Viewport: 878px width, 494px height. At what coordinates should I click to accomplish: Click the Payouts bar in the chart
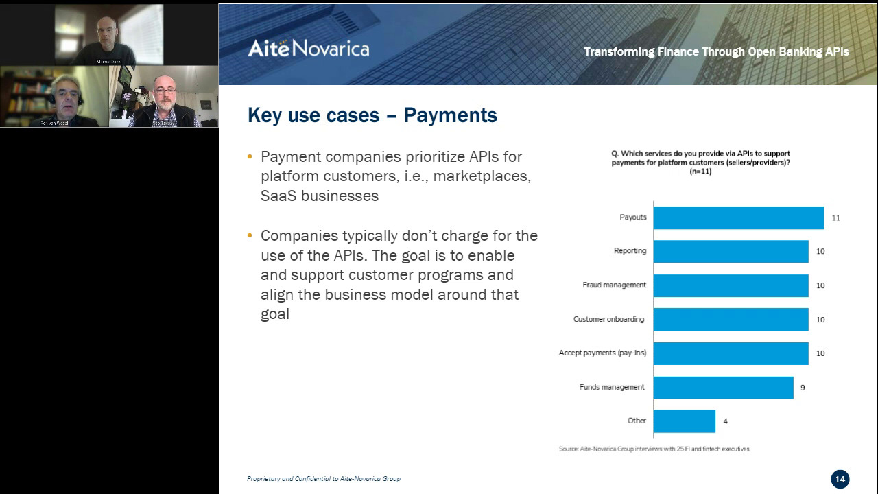coord(738,217)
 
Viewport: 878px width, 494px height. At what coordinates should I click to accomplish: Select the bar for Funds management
coord(723,388)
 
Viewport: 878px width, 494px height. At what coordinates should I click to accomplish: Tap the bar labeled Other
coord(684,421)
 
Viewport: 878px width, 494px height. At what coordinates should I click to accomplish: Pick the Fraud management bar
coord(731,285)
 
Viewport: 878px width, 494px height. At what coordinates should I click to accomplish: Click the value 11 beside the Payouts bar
coord(835,218)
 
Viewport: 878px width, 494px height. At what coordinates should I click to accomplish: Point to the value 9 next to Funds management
coord(803,388)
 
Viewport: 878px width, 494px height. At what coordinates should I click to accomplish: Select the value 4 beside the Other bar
coord(725,421)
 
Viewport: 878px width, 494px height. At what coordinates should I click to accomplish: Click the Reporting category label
coord(630,251)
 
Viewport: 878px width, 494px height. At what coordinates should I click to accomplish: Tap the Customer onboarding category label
coord(609,320)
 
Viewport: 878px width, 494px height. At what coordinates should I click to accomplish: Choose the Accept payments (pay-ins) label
coord(602,353)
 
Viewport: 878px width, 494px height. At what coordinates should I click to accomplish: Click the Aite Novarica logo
coord(308,48)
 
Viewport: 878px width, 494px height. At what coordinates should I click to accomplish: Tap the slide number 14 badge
coord(840,479)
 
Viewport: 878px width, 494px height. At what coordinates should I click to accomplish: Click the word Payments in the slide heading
coord(450,115)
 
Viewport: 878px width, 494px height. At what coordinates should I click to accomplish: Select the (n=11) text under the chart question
coord(700,172)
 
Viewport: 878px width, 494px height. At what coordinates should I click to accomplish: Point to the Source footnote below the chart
coord(654,449)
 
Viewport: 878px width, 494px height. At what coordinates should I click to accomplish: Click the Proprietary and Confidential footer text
coord(323,478)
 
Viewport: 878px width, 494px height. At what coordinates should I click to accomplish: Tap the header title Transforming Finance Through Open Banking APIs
coord(716,51)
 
